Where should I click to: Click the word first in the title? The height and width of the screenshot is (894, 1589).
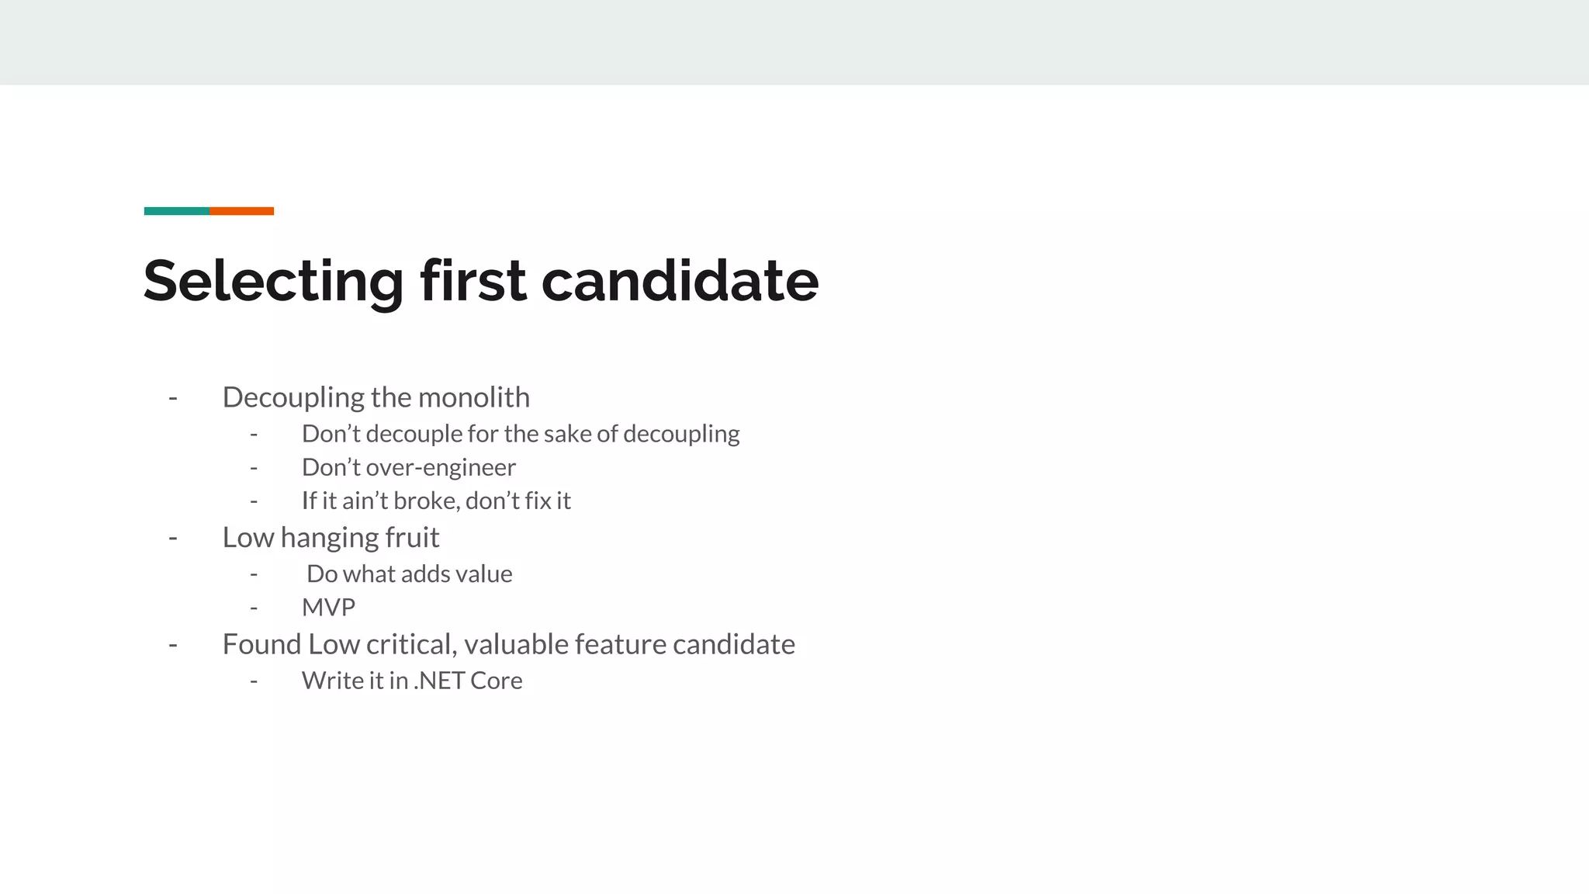(x=473, y=281)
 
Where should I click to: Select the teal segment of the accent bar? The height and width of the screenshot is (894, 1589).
(x=176, y=211)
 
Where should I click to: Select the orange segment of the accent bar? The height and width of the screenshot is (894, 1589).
(x=241, y=211)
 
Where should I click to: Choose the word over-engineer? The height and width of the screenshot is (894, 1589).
(x=440, y=468)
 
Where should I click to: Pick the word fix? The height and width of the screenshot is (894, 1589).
(x=537, y=501)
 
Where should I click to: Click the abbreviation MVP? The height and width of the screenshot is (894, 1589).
(x=328, y=608)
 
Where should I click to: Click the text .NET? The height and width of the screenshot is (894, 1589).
(x=438, y=681)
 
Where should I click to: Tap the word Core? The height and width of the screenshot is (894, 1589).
(x=496, y=681)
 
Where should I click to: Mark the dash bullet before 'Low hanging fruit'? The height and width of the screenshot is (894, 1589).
(x=173, y=537)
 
